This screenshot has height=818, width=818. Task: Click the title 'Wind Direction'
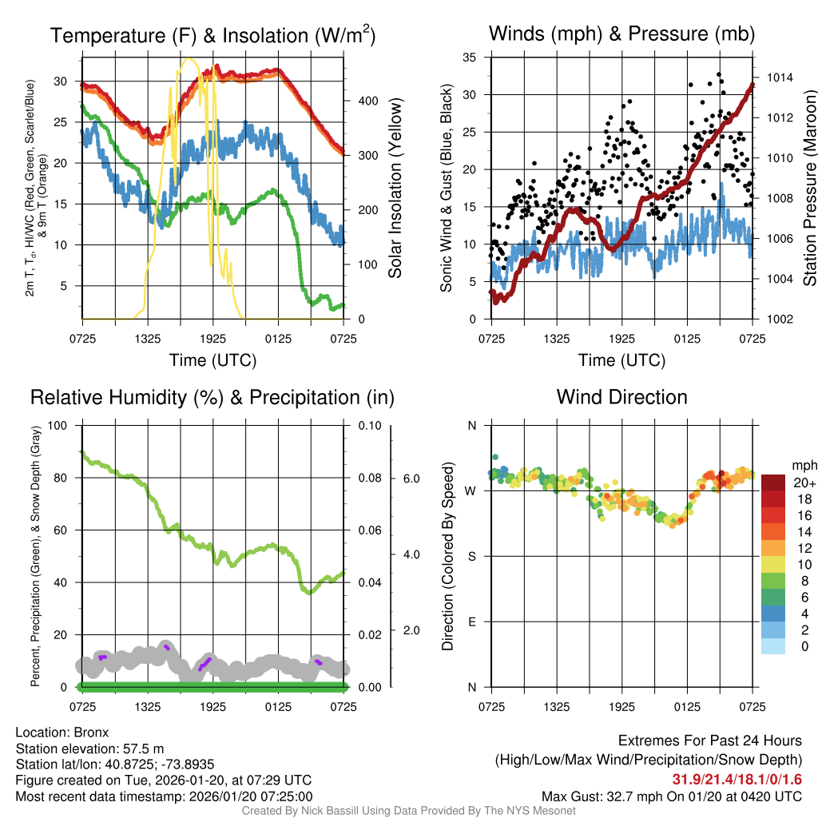pos(621,397)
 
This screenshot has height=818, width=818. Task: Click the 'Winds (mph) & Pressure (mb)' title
pos(621,34)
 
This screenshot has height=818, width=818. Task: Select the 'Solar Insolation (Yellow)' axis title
pos(395,189)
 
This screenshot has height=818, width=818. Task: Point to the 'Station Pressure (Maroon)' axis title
pos(809,189)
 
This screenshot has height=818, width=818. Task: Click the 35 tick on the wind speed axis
pos(470,58)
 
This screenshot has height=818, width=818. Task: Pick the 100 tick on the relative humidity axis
pos(58,425)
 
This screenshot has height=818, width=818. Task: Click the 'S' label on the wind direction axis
pos(471,556)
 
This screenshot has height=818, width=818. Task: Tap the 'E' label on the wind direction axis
pos(471,621)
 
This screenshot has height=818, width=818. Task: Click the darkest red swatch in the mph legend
pos(773,482)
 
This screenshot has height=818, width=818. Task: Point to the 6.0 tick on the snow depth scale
pos(410,478)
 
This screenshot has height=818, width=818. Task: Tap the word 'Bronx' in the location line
pos(91,733)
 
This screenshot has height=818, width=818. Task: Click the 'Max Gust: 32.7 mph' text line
pos(671,796)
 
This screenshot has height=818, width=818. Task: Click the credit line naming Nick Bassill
pos(409,811)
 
